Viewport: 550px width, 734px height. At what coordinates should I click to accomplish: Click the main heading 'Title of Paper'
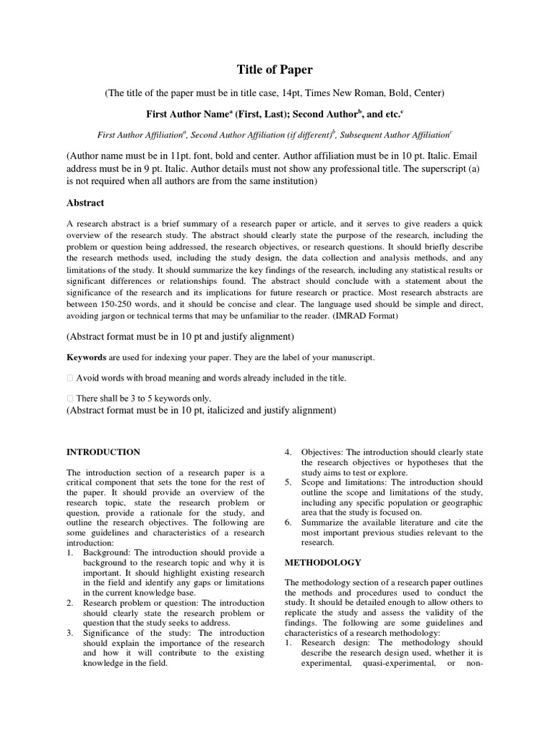coord(275,70)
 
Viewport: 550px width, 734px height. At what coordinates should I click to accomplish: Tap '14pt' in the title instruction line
coord(308,93)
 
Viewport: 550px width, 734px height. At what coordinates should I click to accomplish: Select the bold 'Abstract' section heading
coord(85,203)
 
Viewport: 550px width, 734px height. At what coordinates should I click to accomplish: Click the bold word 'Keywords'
coord(86,357)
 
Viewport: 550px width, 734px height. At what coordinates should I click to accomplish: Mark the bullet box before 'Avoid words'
coord(69,378)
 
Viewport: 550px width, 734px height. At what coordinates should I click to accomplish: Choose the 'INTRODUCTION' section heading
coord(103,452)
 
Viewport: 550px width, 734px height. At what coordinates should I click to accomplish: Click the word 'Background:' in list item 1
coord(106,553)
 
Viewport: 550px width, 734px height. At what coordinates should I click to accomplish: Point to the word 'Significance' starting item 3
coord(109,633)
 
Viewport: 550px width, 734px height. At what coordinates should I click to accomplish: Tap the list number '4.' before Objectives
coord(289,452)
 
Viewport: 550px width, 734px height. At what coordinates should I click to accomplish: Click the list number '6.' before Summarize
coord(289,523)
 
